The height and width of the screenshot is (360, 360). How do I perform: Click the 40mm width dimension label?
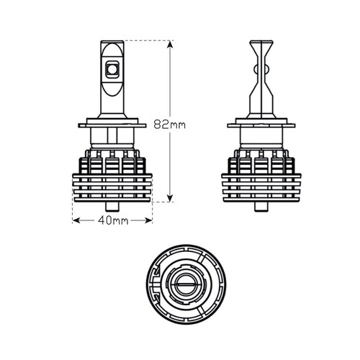tap(113, 220)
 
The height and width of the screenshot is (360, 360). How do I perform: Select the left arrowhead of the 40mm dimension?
tap(76, 220)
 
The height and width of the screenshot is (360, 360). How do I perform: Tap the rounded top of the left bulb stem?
tap(112, 42)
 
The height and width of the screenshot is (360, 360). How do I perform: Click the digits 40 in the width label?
tap(105, 220)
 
